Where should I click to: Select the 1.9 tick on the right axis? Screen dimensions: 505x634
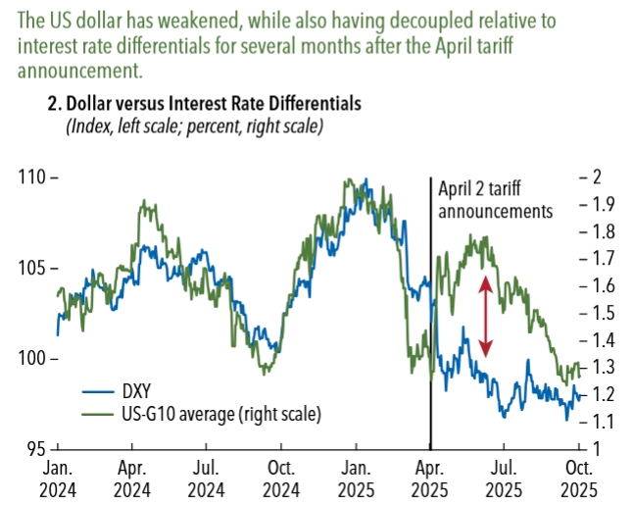(593, 204)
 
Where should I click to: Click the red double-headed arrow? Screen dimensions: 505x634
(485, 317)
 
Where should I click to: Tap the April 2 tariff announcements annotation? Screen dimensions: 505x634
(495, 200)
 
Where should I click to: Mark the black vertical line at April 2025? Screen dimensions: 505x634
(431, 314)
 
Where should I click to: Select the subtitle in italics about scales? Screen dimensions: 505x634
(194, 127)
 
